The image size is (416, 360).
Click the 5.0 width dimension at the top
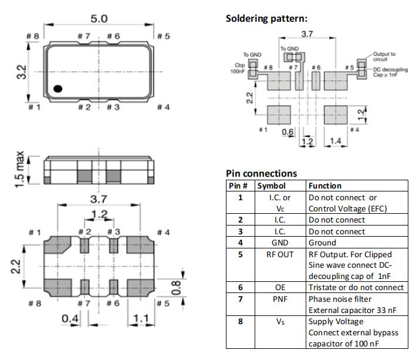[99, 19]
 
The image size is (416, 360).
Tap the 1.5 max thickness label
[21, 170]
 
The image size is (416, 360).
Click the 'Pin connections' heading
[261, 173]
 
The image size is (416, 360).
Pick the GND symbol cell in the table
[279, 243]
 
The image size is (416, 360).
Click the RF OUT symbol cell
[279, 254]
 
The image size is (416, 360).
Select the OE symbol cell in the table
[279, 287]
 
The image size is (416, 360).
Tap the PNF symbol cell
[279, 299]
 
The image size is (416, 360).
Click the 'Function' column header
[325, 186]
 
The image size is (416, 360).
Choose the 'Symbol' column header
[271, 186]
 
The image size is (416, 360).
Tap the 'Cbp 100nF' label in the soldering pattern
[238, 68]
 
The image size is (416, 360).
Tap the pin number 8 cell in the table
[239, 321]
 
